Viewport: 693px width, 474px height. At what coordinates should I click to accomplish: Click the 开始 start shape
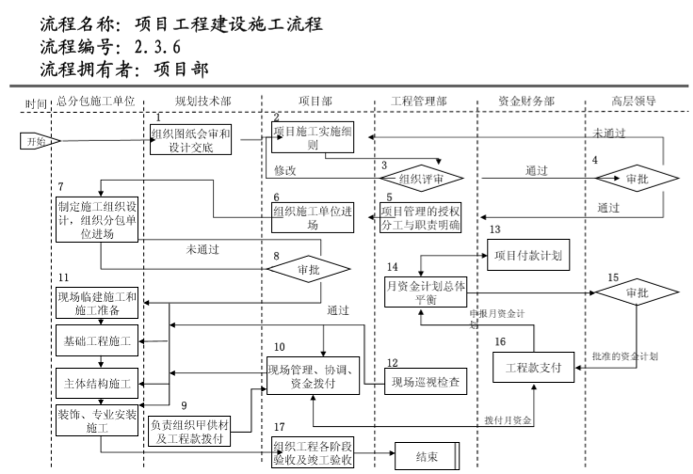39,141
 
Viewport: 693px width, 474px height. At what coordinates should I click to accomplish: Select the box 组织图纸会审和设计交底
191,140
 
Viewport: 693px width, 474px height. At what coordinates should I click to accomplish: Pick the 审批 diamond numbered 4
637,177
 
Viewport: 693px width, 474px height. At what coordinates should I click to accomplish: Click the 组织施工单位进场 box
311,217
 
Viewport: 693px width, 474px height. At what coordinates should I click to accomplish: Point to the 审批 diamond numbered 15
637,292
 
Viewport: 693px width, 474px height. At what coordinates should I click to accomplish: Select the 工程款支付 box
533,367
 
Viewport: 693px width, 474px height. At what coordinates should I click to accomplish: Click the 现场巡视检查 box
427,381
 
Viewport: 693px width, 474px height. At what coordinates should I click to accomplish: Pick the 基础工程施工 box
97,339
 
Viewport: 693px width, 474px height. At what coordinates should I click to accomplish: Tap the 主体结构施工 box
97,384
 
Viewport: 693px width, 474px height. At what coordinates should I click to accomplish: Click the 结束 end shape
427,457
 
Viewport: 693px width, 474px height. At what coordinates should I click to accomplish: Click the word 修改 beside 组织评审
285,171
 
